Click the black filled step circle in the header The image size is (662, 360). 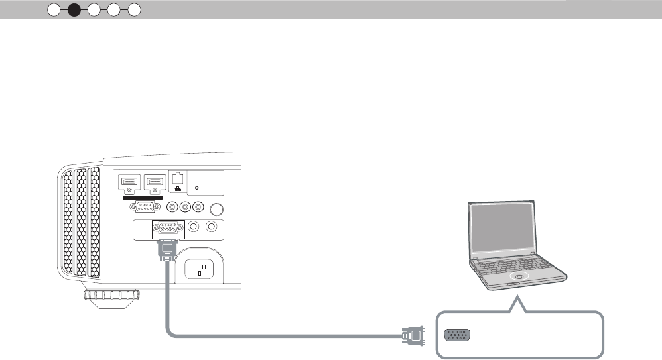click(74, 9)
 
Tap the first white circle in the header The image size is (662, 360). click(54, 9)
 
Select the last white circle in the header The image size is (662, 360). click(134, 9)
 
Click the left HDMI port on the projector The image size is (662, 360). click(129, 180)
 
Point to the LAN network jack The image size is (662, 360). click(177, 178)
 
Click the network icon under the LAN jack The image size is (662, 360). click(177, 190)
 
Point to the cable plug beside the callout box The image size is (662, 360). click(413, 335)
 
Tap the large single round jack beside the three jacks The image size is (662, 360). click(216, 208)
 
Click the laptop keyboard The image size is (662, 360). click(517, 264)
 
